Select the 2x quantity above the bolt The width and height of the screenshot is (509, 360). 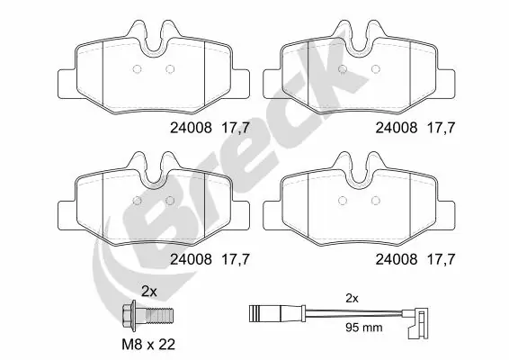point(149,292)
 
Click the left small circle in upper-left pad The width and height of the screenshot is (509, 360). point(137,70)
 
